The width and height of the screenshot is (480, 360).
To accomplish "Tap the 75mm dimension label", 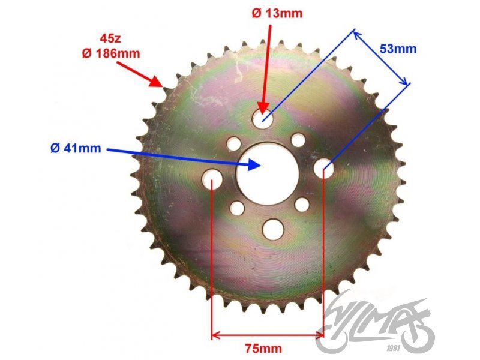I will tap(265, 347).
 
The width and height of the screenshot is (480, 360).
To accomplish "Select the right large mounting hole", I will tap(325, 167).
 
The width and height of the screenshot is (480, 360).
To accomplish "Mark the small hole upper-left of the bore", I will tap(233, 144).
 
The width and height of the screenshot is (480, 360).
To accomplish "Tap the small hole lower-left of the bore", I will tap(238, 208).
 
